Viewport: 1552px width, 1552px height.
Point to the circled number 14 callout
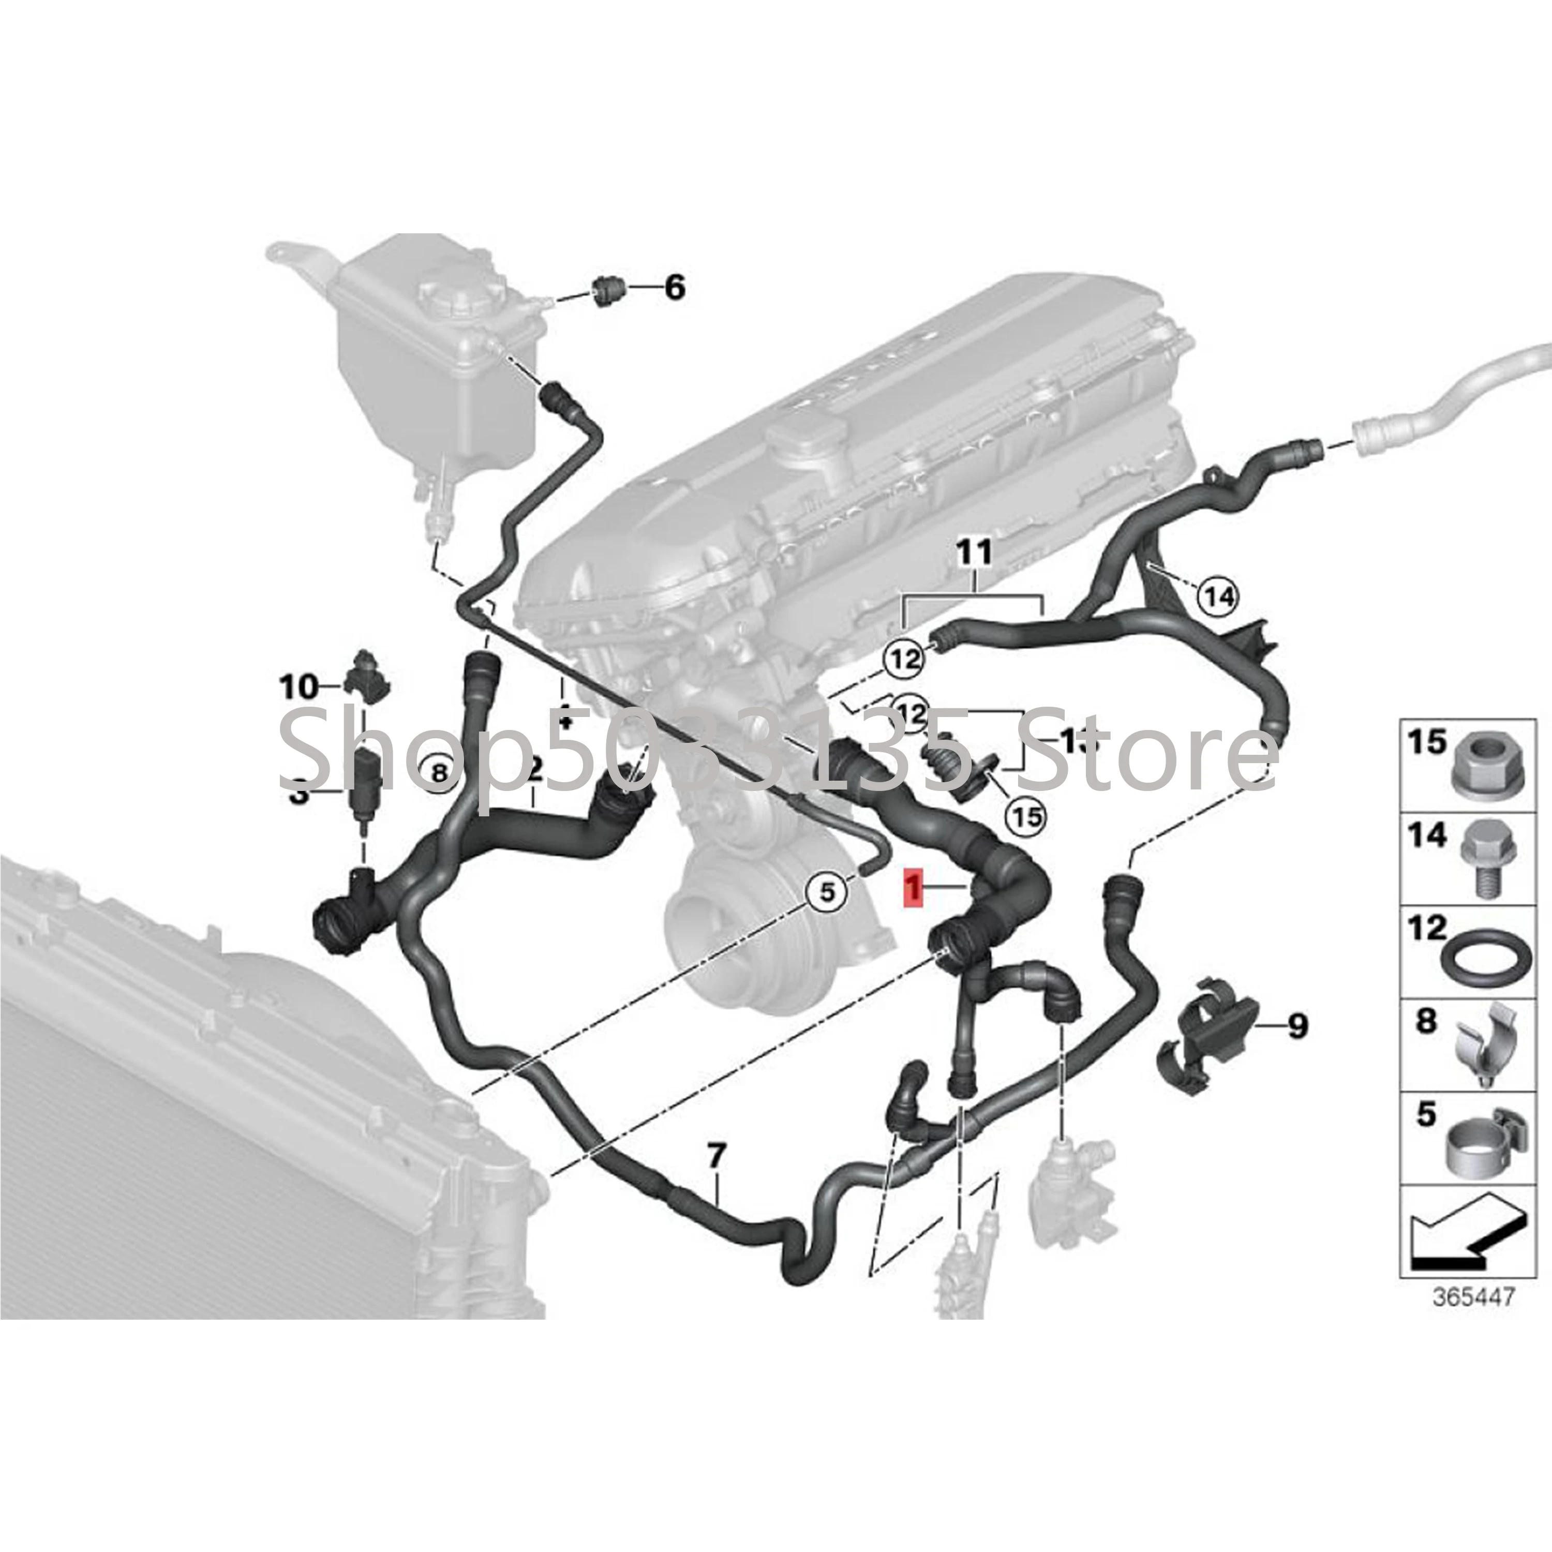point(1219,597)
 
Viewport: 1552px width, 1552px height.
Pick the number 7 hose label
point(717,1157)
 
